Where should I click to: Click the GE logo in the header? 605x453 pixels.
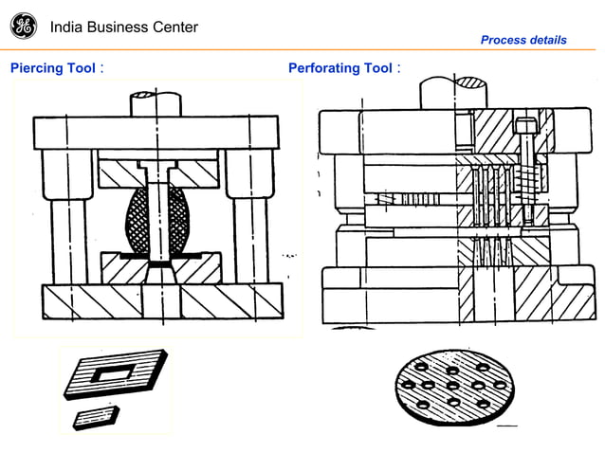tap(24, 27)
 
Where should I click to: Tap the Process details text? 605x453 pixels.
tap(523, 40)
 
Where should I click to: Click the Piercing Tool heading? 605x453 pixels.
tap(52, 68)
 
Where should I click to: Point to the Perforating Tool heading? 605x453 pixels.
tap(339, 68)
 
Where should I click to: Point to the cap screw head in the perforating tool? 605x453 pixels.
tap(527, 123)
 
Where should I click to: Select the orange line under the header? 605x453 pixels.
tap(302, 49)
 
